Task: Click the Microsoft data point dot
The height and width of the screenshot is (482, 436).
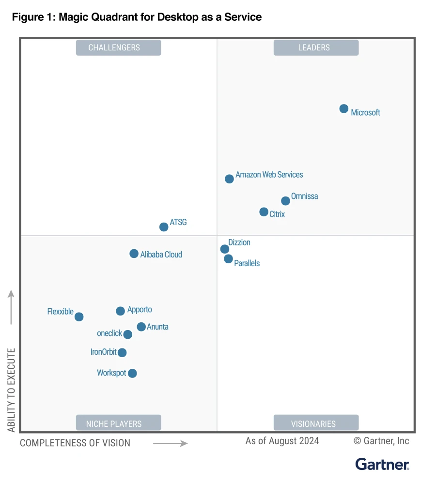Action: pyautogui.click(x=343, y=108)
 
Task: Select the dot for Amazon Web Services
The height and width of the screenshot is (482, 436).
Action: pyautogui.click(x=229, y=179)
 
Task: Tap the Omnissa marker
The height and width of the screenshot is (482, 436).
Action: pyautogui.click(x=285, y=201)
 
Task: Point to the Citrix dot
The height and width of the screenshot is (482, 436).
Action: pyautogui.click(x=264, y=211)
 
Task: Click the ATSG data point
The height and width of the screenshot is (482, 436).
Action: pyautogui.click(x=164, y=226)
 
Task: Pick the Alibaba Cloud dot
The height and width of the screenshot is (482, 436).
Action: pyautogui.click(x=134, y=254)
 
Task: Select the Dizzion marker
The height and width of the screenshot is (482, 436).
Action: pyautogui.click(x=224, y=249)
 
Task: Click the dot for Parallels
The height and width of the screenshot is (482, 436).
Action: pyautogui.click(x=228, y=259)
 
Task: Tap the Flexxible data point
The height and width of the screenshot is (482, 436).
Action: pyautogui.click(x=79, y=316)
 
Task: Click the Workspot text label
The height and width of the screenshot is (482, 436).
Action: pyautogui.click(x=111, y=373)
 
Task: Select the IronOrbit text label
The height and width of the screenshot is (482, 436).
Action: pyautogui.click(x=104, y=352)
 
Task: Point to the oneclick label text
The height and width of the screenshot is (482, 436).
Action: pyautogui.click(x=109, y=333)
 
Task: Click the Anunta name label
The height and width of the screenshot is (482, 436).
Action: pyautogui.click(x=157, y=327)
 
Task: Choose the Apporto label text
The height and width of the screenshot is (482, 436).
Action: pyautogui.click(x=140, y=310)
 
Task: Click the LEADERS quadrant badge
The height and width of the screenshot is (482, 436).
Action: pyautogui.click(x=316, y=47)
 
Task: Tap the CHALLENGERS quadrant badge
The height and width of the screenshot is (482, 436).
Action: pyautogui.click(x=118, y=47)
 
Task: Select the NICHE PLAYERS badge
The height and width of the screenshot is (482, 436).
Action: pyautogui.click(x=118, y=423)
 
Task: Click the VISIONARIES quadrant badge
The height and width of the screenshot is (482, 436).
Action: pyautogui.click(x=316, y=423)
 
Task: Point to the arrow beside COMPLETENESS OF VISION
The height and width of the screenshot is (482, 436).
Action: pyautogui.click(x=170, y=443)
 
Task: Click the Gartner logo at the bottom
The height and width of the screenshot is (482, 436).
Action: pyautogui.click(x=382, y=464)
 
